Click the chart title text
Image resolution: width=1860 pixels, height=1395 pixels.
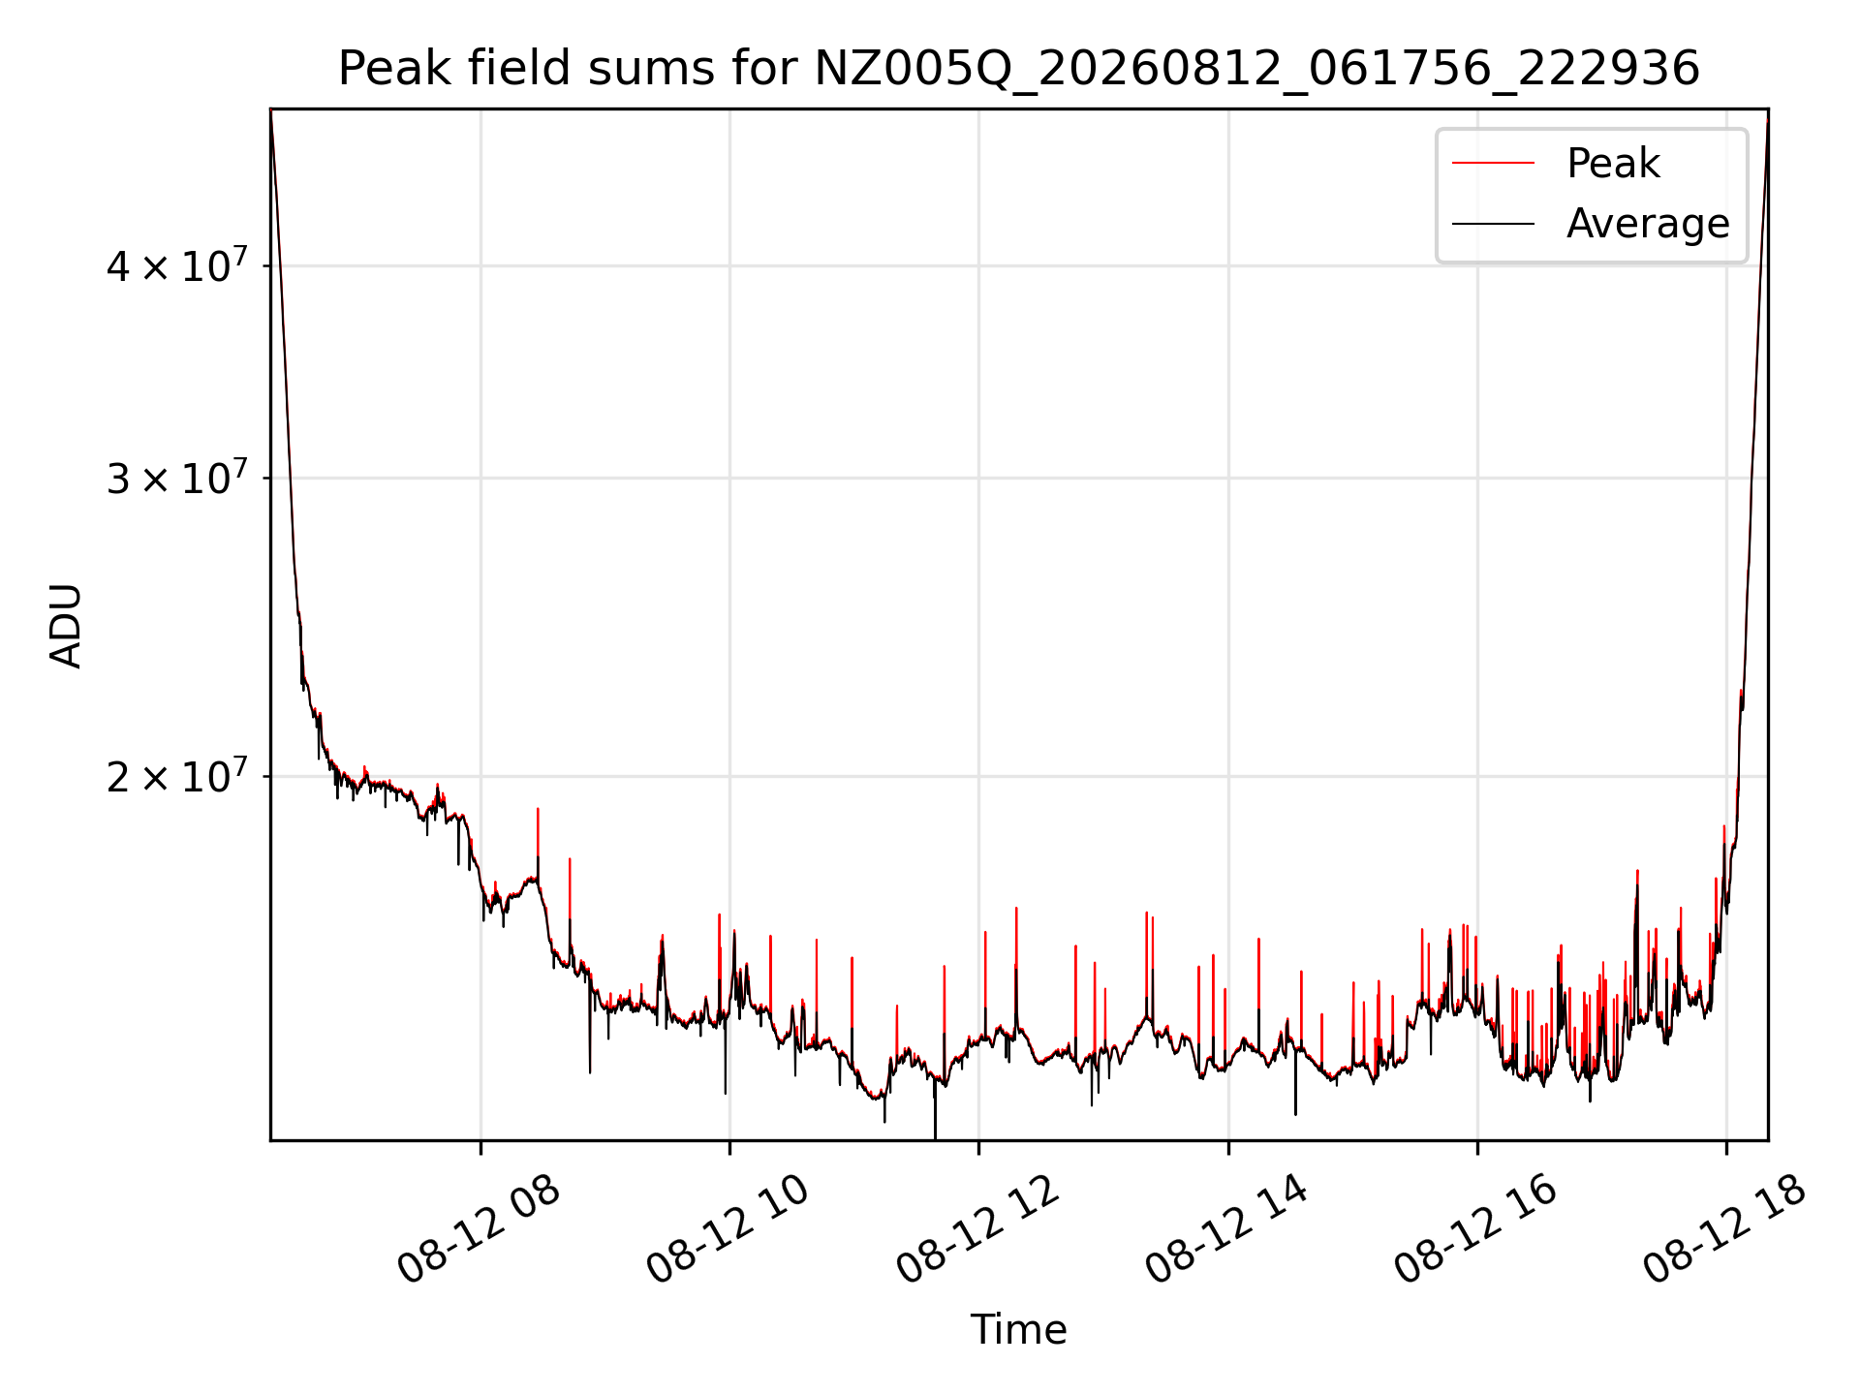click(1019, 70)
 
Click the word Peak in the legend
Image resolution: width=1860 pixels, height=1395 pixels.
click(1613, 163)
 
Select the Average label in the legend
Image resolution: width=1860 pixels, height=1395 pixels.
click(1648, 223)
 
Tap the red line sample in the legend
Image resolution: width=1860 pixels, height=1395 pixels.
click(1493, 163)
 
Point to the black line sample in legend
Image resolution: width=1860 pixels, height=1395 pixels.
click(1493, 224)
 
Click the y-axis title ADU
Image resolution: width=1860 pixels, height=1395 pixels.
click(66, 625)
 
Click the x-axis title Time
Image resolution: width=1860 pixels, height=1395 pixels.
click(1019, 1329)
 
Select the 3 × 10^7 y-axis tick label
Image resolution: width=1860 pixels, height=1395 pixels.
click(177, 477)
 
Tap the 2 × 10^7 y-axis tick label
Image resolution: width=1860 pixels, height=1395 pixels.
click(177, 775)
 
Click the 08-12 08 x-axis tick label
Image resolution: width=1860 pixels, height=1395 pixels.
click(479, 1230)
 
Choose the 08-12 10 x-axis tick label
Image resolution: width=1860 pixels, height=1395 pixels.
click(728, 1230)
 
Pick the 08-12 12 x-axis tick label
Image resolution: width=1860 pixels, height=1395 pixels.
click(976, 1230)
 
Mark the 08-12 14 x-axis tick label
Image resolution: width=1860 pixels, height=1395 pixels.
click(1226, 1230)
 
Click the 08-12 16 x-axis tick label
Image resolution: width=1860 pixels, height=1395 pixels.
click(1475, 1230)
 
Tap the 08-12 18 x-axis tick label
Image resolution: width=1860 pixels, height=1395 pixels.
click(1724, 1230)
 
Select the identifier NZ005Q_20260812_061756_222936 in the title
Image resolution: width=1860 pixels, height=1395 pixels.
click(1257, 70)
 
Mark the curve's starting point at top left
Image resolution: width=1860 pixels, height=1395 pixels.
click(271, 111)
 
